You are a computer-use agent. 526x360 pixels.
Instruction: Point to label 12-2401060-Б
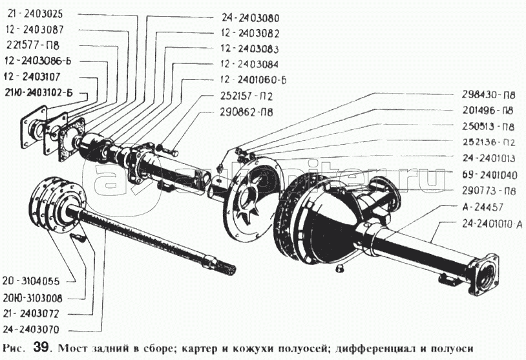click(x=253, y=79)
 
